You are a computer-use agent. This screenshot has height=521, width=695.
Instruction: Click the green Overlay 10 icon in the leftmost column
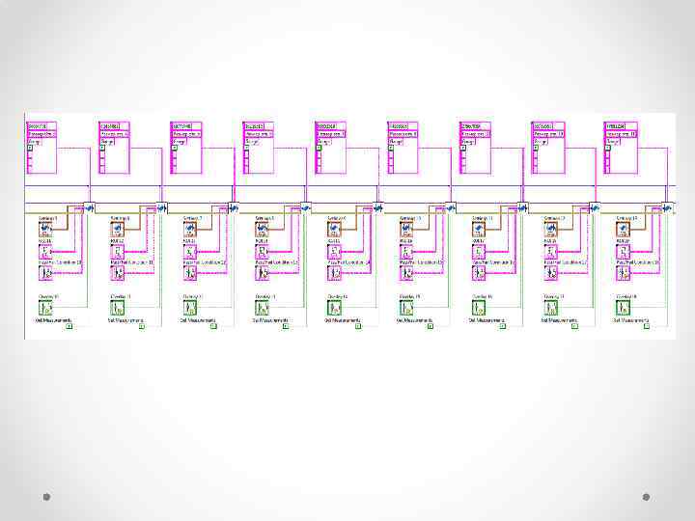(x=46, y=308)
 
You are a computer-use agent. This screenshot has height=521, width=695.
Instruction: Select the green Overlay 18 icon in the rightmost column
(x=624, y=308)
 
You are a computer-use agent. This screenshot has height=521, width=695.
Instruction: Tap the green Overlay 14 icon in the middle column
(x=335, y=308)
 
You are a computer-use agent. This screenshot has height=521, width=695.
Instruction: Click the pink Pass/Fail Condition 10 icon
(x=45, y=273)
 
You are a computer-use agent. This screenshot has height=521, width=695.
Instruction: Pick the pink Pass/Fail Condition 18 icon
(x=623, y=273)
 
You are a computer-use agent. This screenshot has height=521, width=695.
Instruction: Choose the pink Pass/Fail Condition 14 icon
(x=334, y=273)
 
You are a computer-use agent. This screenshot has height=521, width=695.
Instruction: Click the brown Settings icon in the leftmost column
(x=45, y=230)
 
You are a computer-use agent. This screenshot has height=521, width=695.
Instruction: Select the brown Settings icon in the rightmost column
(x=623, y=230)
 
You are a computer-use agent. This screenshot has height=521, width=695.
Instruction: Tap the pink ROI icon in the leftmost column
(x=45, y=252)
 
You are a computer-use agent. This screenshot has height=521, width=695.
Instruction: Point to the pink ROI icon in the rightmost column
(x=623, y=252)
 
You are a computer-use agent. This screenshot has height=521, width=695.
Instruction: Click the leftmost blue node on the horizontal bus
(x=90, y=206)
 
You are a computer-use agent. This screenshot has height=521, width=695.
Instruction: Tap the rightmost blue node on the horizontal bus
(x=667, y=206)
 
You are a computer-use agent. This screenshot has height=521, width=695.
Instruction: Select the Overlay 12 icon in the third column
(x=190, y=308)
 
